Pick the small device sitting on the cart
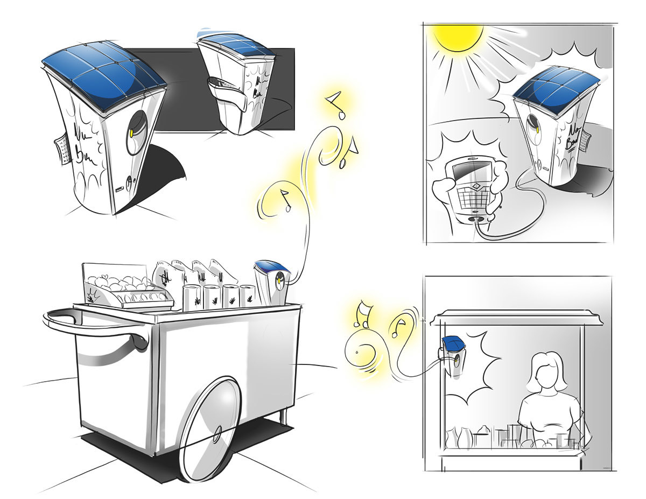(x=273, y=281)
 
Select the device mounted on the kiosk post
(x=453, y=355)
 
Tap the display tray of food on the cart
(x=121, y=291)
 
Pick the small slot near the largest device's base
(x=120, y=189)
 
